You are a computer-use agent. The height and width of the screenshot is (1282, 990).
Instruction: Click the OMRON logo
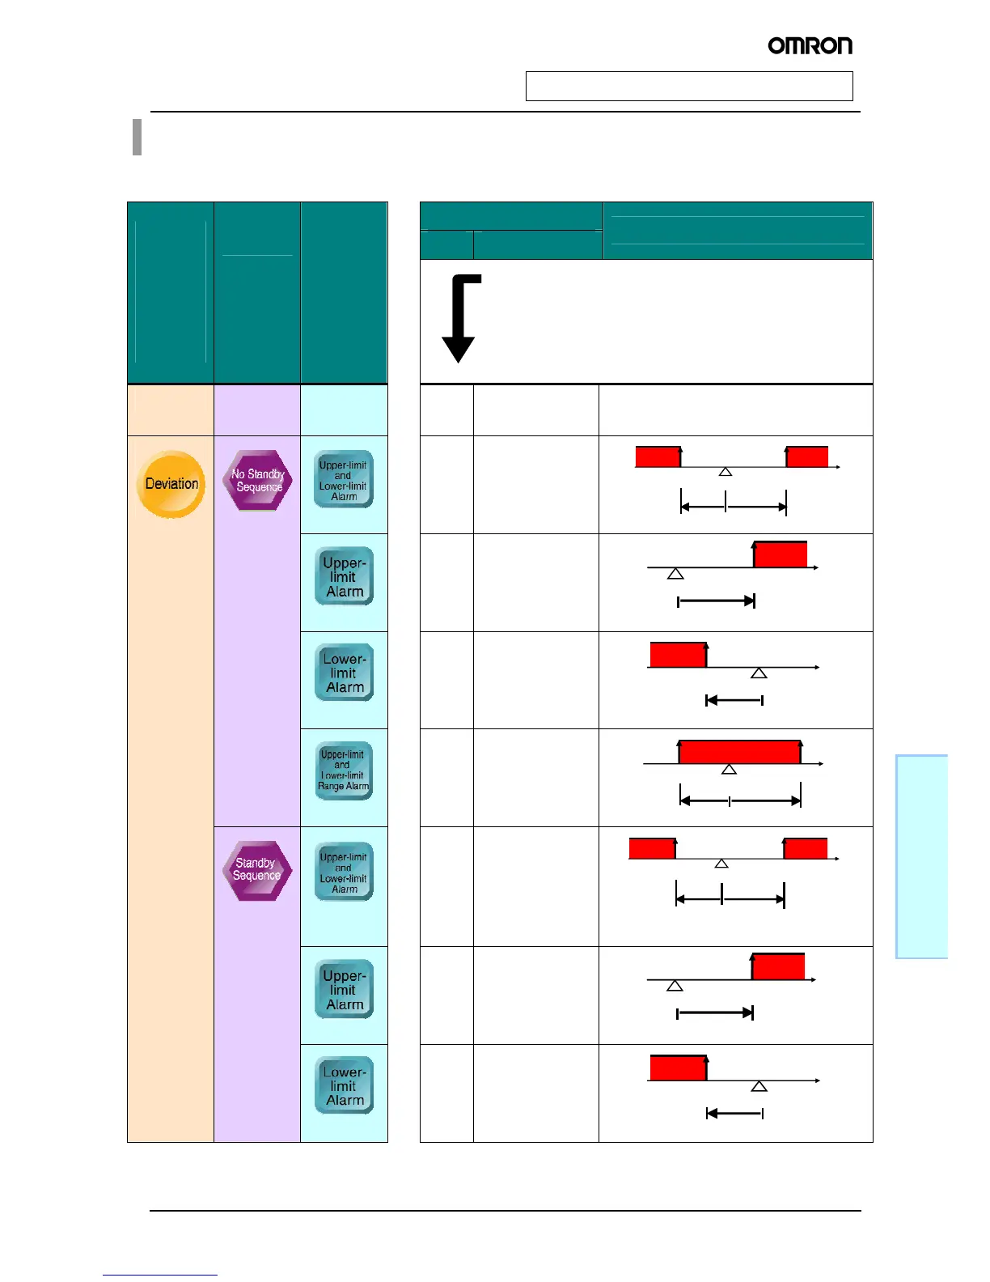810,46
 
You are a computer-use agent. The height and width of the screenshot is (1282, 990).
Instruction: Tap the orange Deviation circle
171,484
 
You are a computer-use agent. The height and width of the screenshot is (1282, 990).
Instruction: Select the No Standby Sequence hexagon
257,481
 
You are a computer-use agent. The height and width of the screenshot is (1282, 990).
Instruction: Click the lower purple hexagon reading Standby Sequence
256,870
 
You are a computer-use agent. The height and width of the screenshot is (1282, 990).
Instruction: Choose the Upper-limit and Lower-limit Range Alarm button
344,770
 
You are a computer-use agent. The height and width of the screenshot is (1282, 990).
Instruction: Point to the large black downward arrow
459,319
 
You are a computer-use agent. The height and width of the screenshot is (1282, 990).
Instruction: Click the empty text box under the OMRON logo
689,86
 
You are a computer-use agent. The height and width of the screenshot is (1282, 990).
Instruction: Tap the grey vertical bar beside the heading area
137,137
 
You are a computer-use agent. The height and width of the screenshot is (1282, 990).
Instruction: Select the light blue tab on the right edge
921,856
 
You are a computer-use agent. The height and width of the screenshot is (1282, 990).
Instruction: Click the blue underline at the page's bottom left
160,1275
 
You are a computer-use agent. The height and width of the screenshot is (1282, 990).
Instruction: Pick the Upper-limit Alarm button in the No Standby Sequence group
344,577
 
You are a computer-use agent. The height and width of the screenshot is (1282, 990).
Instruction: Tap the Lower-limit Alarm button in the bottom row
344,1085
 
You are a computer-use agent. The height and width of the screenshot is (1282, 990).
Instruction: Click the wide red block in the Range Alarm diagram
739,752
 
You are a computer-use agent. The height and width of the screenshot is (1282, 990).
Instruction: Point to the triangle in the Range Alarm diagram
729,769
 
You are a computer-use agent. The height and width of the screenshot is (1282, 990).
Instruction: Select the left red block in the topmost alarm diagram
658,456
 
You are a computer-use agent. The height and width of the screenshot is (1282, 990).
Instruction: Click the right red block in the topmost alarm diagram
807,456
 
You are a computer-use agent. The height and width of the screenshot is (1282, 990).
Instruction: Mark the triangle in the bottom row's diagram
759,1086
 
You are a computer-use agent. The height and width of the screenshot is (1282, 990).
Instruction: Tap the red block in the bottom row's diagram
679,1068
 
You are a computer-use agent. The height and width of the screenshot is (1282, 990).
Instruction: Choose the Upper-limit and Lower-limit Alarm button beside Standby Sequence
344,872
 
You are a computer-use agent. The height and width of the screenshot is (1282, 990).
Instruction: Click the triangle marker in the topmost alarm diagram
726,471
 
